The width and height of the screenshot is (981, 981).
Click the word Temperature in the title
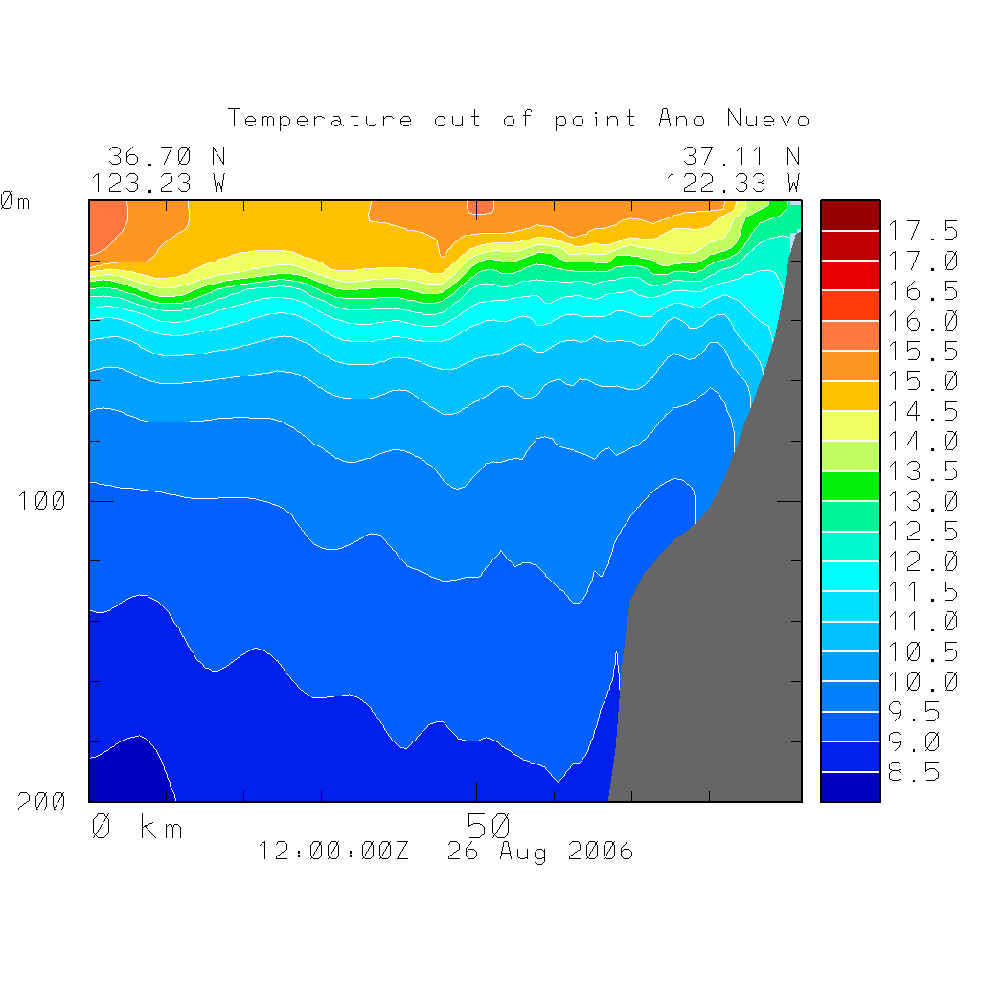[321, 120]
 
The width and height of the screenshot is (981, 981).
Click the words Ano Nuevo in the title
[734, 120]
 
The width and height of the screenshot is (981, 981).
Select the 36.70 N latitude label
[167, 155]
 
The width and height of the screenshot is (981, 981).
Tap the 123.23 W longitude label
[159, 183]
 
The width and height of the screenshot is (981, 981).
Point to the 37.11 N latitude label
[741, 155]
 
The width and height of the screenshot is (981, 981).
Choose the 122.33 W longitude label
[733, 183]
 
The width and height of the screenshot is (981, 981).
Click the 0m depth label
[14, 201]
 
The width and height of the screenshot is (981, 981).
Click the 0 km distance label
[137, 827]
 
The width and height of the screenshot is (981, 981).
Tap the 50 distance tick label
[490, 825]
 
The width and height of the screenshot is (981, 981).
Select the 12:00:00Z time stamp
[333, 851]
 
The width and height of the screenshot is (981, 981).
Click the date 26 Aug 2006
[540, 851]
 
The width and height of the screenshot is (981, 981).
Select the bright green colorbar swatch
[850, 486]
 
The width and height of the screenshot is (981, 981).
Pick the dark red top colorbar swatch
[850, 215]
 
